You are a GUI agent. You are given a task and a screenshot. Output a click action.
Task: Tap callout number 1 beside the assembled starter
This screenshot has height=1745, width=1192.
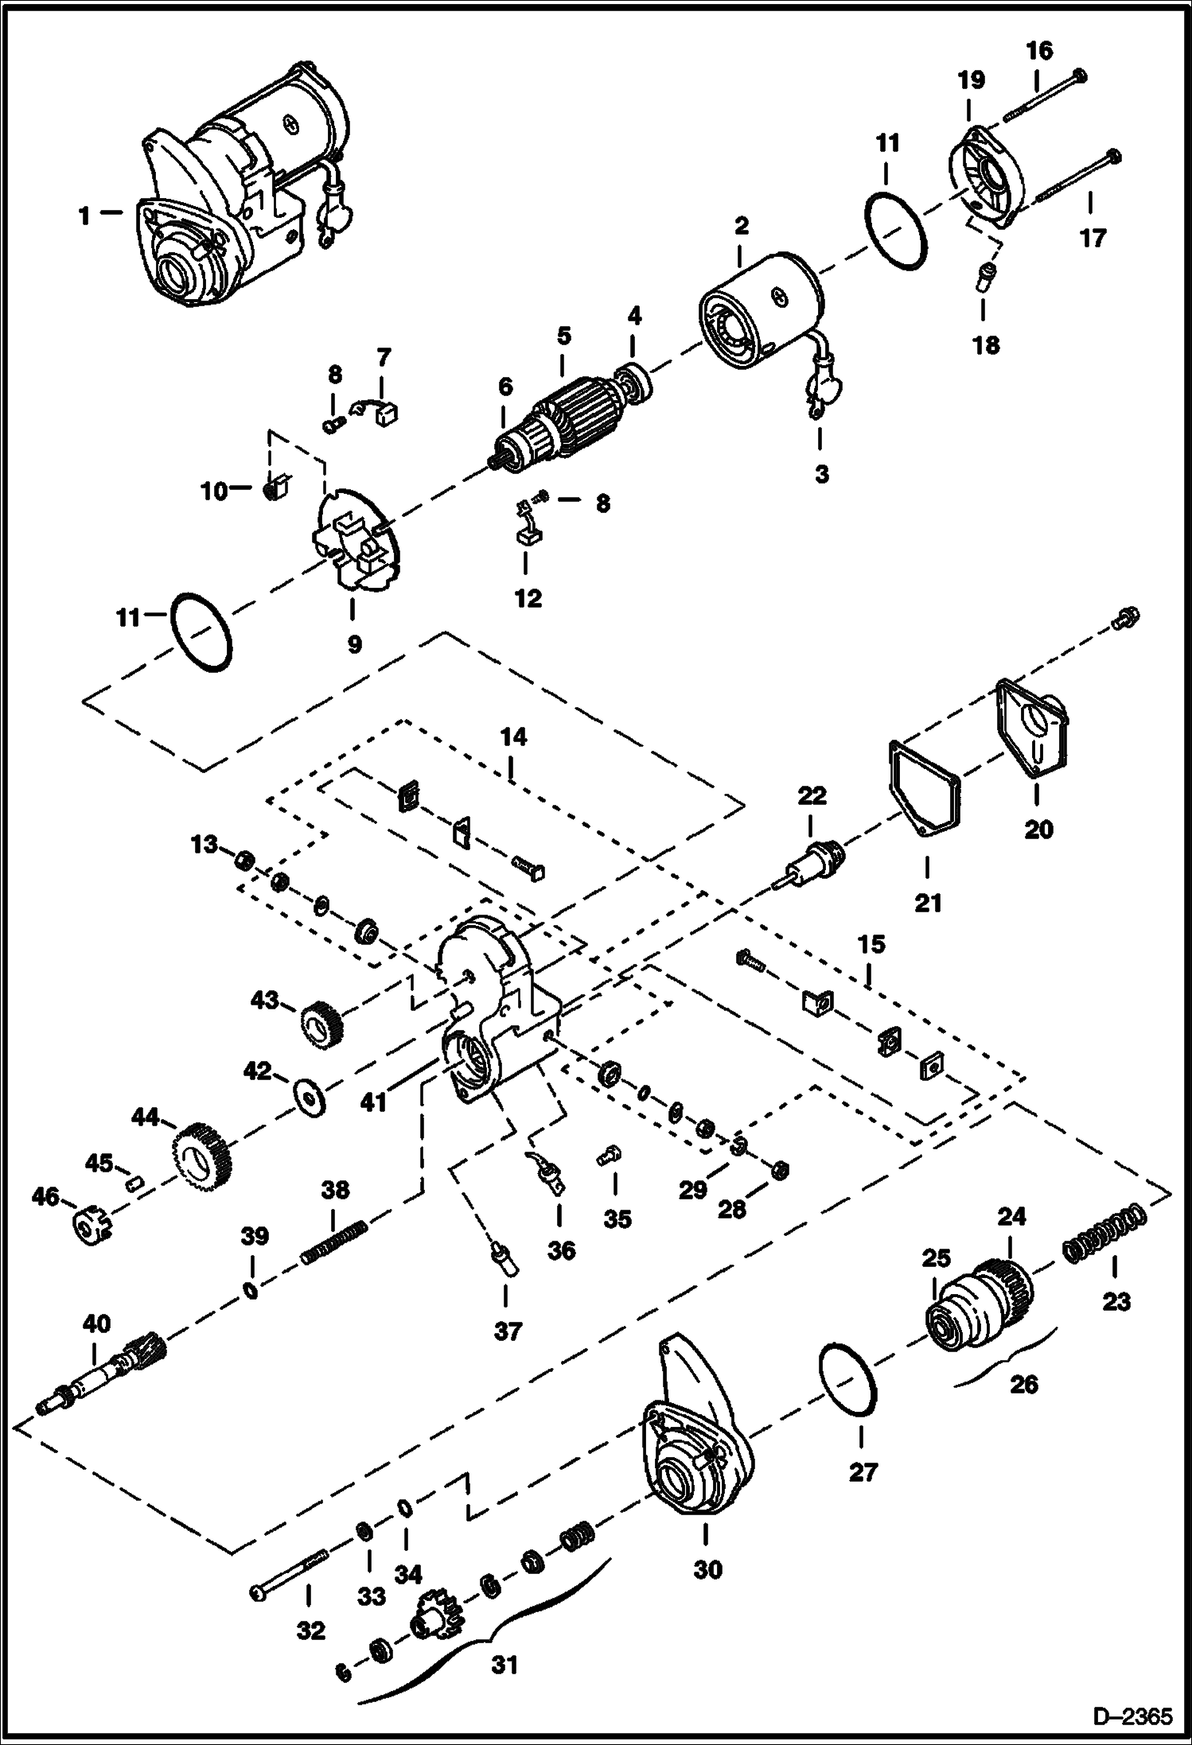pos(84,215)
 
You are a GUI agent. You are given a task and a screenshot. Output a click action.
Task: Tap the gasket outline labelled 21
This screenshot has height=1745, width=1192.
pos(924,788)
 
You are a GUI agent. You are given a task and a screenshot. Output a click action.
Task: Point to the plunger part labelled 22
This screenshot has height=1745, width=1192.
pos(816,864)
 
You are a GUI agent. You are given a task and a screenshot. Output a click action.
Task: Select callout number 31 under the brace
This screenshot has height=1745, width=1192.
pos(504,1664)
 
